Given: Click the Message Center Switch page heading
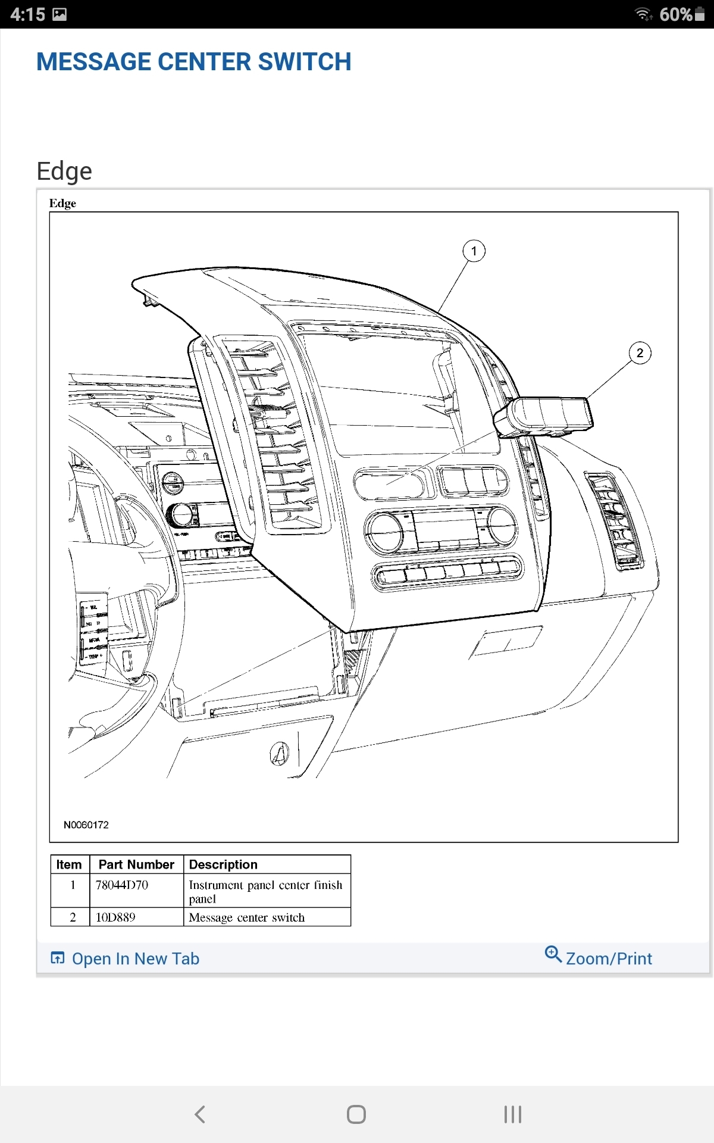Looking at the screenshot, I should coord(193,62).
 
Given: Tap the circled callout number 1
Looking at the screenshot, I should coord(474,251).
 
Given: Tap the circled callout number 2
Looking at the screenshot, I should coord(640,353).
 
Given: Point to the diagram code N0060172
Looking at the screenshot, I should coord(86,825).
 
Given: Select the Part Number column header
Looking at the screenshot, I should coord(136,864).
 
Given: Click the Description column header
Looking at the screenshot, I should coord(223,864).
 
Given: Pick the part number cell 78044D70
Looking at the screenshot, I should coord(122,885).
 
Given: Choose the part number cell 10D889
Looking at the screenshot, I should coord(115,917).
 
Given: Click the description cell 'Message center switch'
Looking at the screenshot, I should coord(246,917).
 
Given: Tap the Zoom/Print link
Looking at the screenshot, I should coord(609,958).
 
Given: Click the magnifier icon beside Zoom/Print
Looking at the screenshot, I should coord(553,954).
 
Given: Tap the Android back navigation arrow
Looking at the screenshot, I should coord(200,1114).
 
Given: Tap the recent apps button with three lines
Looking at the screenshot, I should coord(512,1114).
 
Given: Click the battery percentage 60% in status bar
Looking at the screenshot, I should coord(676,14).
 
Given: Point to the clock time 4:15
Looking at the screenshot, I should coord(27,14).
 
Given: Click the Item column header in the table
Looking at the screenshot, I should coord(69,864).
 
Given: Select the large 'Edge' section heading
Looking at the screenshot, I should coord(64,171).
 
